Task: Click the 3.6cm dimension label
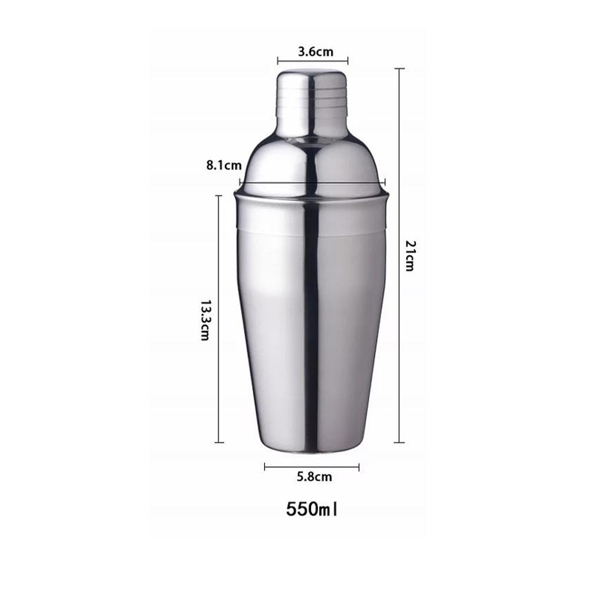pos(315,51)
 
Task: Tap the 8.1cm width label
pos(224,166)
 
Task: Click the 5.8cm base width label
pos(314,477)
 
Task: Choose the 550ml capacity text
pos(313,508)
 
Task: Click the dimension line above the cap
pos(313,60)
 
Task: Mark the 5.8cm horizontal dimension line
pos(312,467)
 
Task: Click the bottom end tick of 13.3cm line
pos(219,442)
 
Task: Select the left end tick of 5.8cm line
pos(265,467)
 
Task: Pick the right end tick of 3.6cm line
pos(348,60)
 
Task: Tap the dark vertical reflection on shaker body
pos(311,324)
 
